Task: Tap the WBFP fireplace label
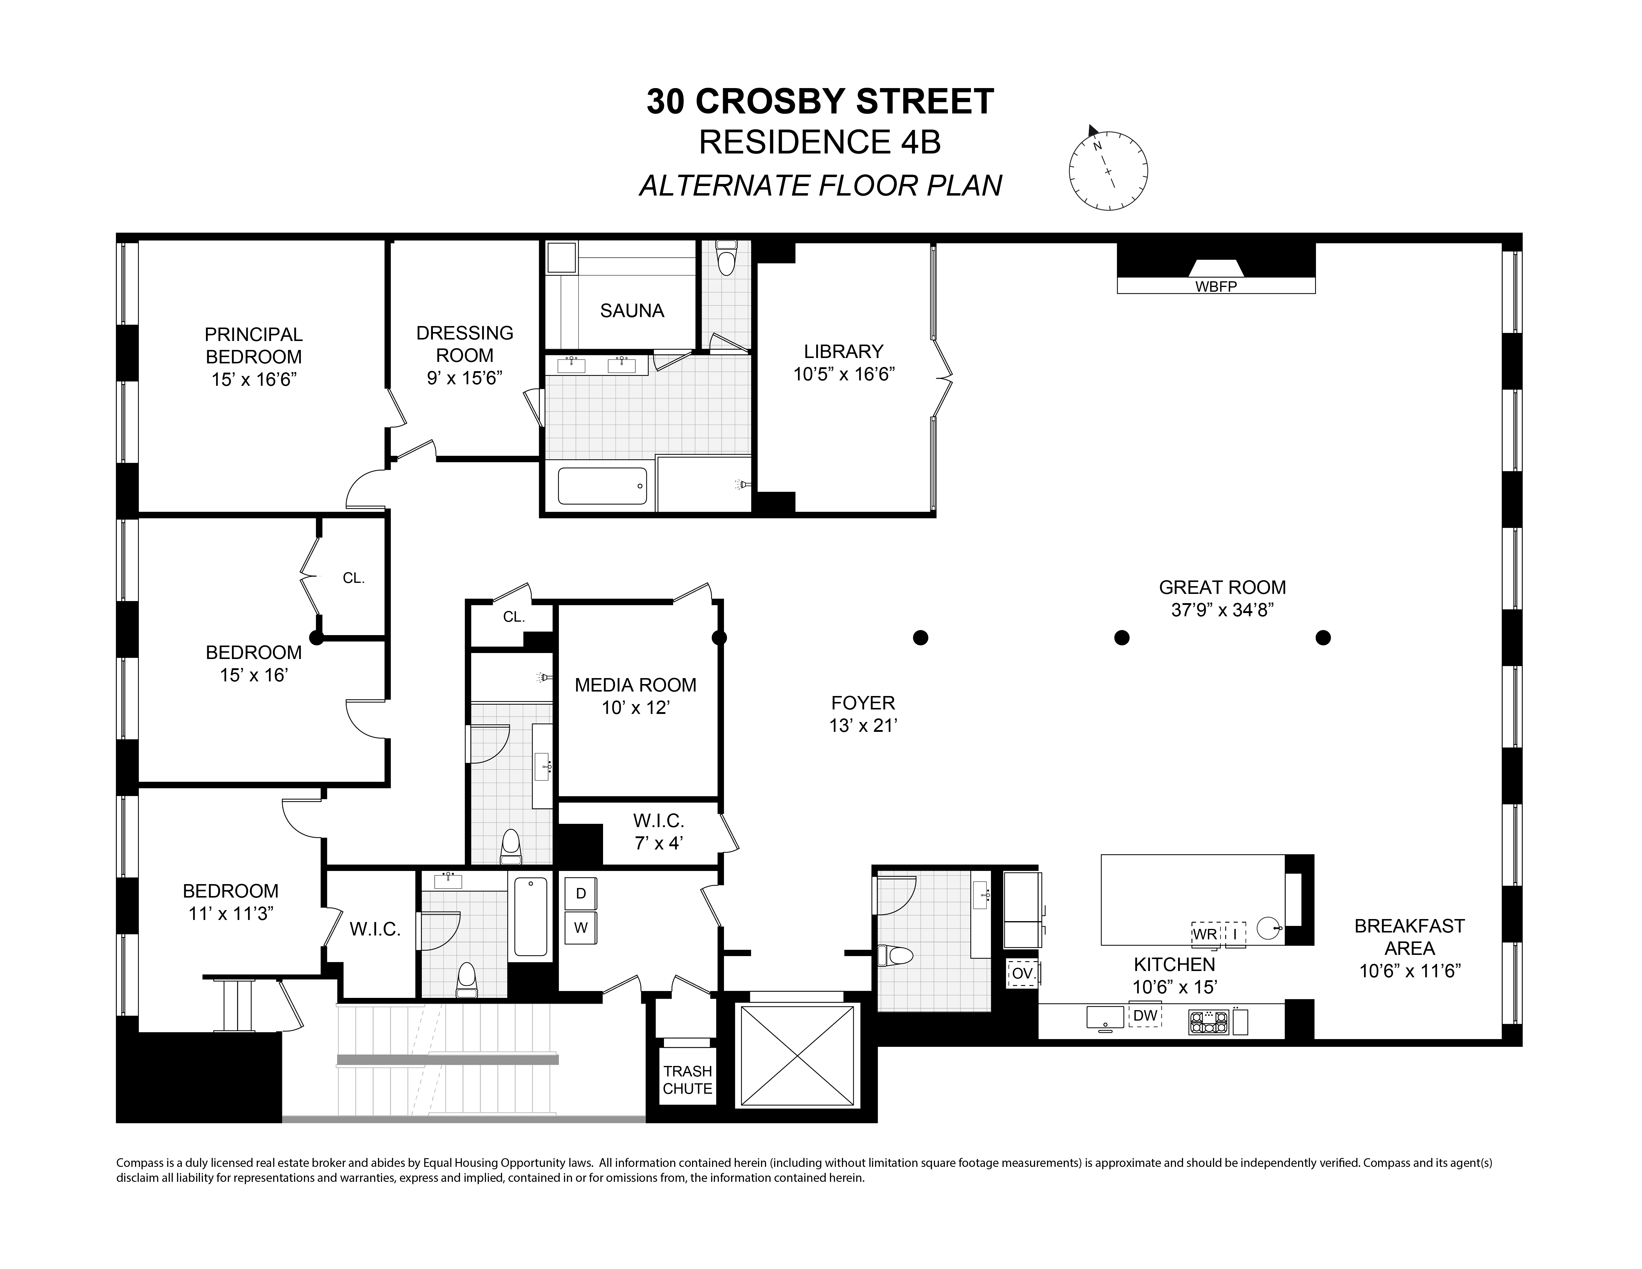(1216, 286)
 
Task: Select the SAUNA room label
(631, 311)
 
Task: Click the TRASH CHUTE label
(687, 1080)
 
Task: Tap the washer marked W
(580, 928)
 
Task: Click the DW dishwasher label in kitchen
(1145, 1016)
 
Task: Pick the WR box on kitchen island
(1205, 934)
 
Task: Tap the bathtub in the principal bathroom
(602, 486)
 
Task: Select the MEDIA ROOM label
(635, 685)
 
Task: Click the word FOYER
(863, 703)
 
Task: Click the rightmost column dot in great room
(1323, 637)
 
